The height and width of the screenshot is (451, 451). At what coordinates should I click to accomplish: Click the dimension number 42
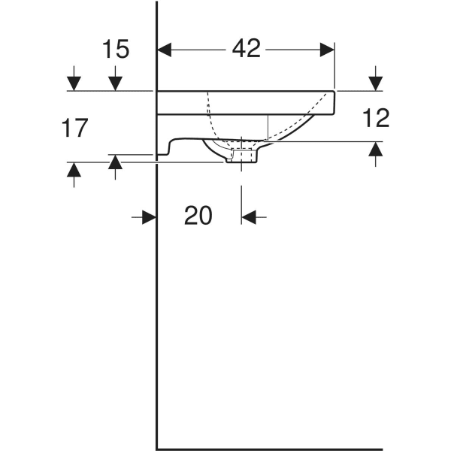(245, 49)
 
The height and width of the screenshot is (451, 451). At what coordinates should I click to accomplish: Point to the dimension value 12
(375, 117)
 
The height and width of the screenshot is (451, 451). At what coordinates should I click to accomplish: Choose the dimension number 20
(198, 216)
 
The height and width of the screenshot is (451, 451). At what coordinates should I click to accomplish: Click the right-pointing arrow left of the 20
(148, 217)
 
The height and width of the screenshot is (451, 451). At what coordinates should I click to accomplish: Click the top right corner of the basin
(334, 92)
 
